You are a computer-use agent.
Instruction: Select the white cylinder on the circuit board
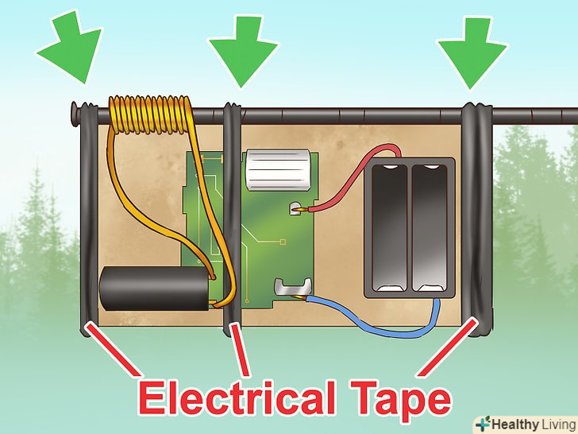click(276, 169)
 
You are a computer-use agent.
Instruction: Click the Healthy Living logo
click(523, 422)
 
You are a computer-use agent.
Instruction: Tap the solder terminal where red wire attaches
click(296, 209)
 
